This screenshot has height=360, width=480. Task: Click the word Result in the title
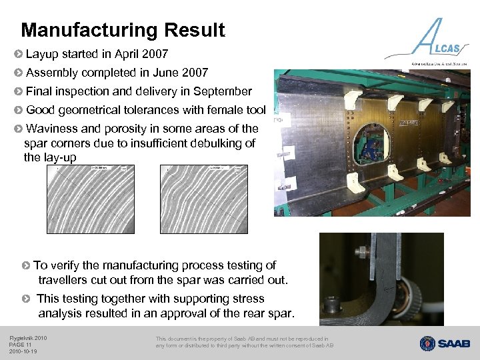point(198,31)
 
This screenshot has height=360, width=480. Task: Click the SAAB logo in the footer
point(445,343)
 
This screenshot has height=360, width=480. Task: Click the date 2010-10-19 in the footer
point(23,351)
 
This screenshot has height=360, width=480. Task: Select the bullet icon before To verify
point(26,265)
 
